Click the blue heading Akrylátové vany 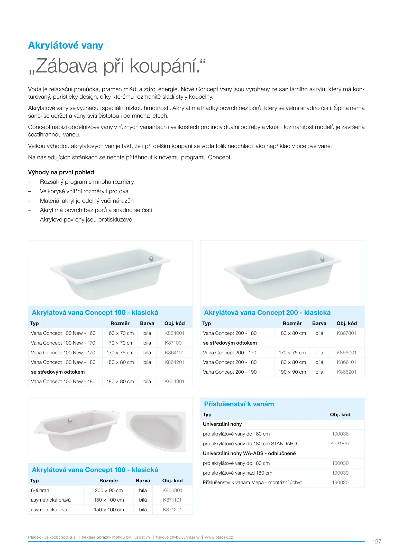click(66, 45)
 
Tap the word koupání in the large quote click(164, 66)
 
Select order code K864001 click(174, 333)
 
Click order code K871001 click(174, 343)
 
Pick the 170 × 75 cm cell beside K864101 click(120, 353)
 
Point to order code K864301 click(174, 382)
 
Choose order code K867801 click(346, 333)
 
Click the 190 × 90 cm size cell click(292, 372)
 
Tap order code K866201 click(346, 372)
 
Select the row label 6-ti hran click(40, 491)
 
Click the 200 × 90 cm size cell click(109, 491)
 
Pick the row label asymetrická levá click(49, 510)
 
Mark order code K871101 click(172, 500)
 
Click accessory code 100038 click(340, 434)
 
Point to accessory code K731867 click(340, 444)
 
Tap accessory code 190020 click(340, 483)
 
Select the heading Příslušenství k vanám click(239, 404)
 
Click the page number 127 click(377, 542)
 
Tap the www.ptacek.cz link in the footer click(219, 537)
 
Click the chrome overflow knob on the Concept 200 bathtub click(322, 259)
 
